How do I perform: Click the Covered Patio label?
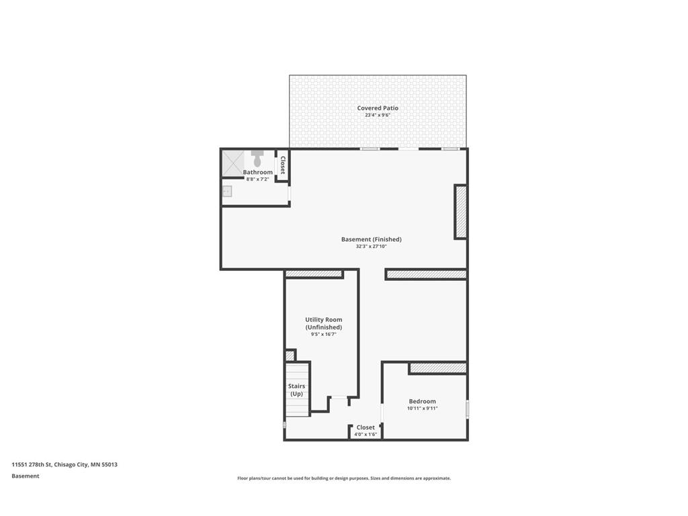378,108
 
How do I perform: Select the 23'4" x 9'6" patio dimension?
378,116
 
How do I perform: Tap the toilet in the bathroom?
257,158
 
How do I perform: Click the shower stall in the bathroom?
232,163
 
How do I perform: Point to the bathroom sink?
227,191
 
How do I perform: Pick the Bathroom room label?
257,173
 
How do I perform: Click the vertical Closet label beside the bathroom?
283,165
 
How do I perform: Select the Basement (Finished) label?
371,239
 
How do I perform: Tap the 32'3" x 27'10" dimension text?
371,247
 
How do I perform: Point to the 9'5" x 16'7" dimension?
324,335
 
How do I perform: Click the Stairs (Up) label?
296,390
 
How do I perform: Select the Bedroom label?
422,401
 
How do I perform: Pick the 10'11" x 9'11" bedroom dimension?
422,408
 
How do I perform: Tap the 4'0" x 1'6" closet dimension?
365,435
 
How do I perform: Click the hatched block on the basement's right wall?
460,212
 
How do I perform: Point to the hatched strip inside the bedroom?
437,368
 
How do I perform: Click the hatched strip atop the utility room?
314,274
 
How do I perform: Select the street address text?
64,465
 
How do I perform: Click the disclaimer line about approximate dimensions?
344,478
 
